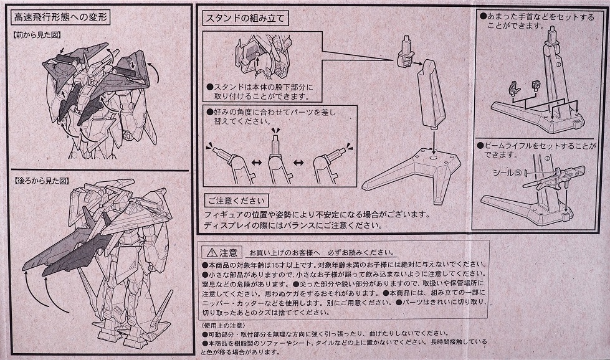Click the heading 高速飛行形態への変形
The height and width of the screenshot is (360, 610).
pyautogui.click(x=60, y=17)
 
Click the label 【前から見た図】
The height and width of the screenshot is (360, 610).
pyautogui.click(x=37, y=35)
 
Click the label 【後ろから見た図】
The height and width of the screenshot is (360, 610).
pyautogui.click(x=42, y=181)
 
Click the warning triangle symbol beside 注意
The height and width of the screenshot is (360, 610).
pyautogui.click(x=212, y=253)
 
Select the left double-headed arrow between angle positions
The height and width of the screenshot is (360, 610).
pyautogui.click(x=255, y=163)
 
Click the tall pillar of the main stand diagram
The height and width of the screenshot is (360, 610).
pyautogui.click(x=431, y=96)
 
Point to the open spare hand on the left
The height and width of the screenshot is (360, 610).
pyautogui.click(x=514, y=88)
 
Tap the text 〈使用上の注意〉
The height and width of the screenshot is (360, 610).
pyautogui.click(x=223, y=325)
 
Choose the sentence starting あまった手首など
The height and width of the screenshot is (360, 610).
pyautogui.click(x=537, y=21)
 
